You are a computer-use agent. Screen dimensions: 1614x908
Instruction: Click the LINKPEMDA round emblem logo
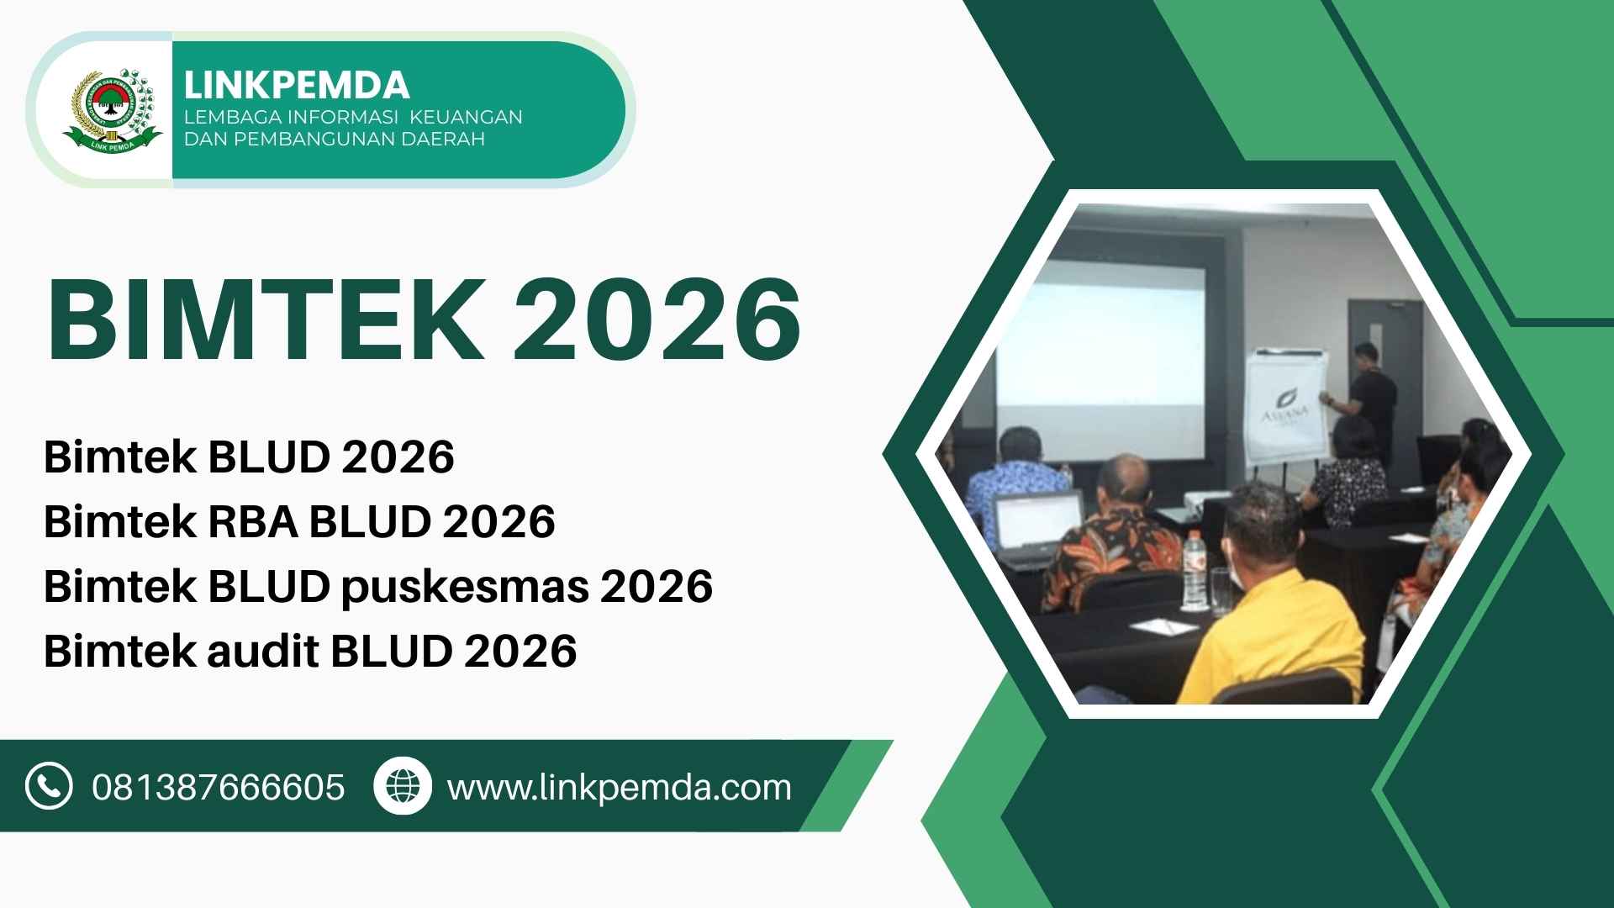[112, 110]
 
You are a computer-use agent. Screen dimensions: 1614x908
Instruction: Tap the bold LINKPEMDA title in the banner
[297, 85]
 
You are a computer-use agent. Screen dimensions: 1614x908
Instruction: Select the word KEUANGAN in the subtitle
[466, 117]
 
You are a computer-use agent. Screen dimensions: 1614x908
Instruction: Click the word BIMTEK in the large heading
[263, 321]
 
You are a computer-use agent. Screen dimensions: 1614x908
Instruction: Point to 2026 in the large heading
[657, 321]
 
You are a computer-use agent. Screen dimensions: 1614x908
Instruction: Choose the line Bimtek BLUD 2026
[249, 457]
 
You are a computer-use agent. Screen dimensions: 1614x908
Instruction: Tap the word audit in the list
[262, 651]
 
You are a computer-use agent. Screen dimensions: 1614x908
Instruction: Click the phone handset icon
[49, 786]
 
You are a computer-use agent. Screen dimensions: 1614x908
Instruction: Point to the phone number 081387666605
[219, 788]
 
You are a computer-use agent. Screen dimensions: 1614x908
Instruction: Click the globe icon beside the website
[402, 786]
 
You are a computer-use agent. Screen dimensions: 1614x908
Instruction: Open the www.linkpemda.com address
[620, 789]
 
